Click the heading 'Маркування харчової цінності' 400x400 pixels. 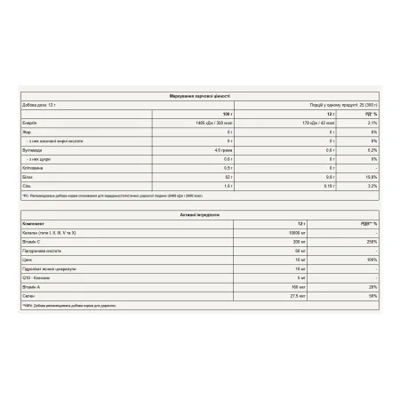[199, 94]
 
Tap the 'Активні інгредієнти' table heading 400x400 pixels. [199, 214]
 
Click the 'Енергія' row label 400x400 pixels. [29, 123]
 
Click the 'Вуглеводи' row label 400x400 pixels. [32, 149]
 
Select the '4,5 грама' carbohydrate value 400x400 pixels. [222, 149]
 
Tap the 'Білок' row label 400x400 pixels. [28, 176]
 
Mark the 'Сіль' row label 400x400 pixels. [27, 185]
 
